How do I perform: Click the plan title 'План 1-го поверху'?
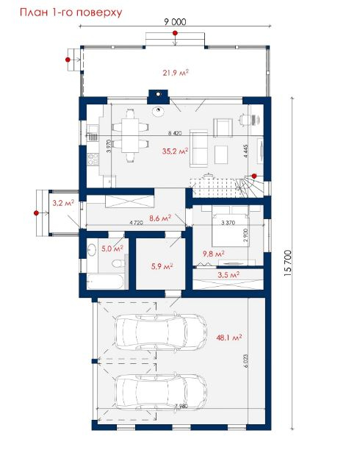point(71,12)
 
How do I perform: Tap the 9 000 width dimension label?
point(175,22)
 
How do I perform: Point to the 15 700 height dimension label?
point(287,263)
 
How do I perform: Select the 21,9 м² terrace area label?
point(176,73)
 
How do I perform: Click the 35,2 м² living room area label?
point(175,151)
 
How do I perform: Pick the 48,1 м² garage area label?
point(229,337)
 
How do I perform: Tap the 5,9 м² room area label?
point(162,266)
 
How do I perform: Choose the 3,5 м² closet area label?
point(228,275)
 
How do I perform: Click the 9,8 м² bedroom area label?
point(213,254)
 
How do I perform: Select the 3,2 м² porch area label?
point(63,203)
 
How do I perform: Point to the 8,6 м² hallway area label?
point(160,218)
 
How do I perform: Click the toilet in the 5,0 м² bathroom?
point(118,263)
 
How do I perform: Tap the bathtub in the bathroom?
point(105,282)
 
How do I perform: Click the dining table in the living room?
point(131,135)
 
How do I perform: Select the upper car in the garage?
point(161,332)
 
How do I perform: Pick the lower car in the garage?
point(161,392)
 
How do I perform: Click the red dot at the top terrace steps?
point(175,33)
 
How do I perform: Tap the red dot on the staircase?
point(254,176)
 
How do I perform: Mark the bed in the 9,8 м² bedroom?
point(231,229)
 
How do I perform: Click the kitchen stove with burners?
point(93,159)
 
